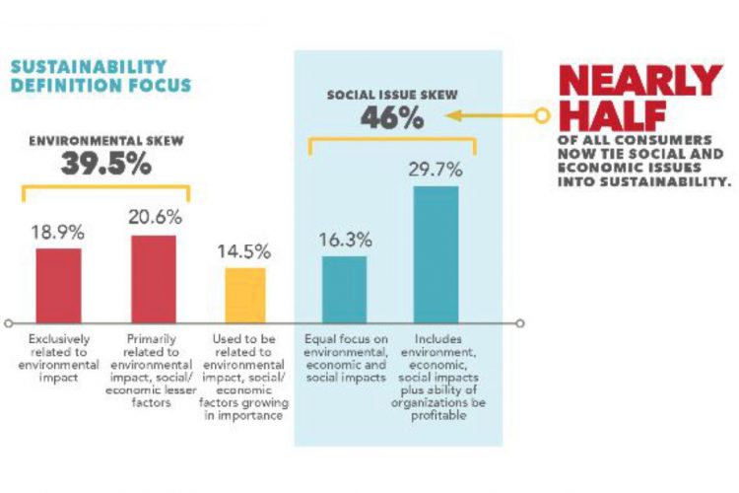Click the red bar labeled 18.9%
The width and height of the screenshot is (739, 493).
coord(58,284)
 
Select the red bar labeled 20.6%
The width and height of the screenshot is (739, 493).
coord(153,278)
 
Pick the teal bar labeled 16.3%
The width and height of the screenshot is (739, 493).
coord(344,288)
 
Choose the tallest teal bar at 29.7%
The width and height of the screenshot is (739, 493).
coord(437,253)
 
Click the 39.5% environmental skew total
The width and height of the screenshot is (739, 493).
coord(106,164)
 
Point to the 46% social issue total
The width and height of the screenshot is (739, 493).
coord(391,118)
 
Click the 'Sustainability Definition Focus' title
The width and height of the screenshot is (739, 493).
coord(101,76)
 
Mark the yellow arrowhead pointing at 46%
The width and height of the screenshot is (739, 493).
coord(452,115)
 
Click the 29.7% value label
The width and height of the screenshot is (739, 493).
coord(437,171)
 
